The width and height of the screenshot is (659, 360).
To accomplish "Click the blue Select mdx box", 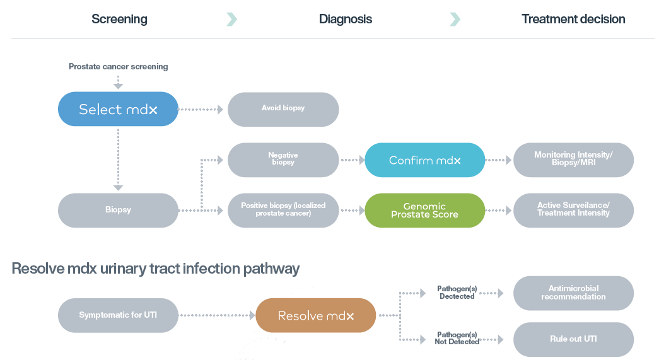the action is coord(118,109).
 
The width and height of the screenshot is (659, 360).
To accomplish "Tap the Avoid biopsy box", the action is coord(283,109).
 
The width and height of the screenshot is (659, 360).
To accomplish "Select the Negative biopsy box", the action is coord(283,160).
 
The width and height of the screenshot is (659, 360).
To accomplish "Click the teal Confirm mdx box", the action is coord(425,160).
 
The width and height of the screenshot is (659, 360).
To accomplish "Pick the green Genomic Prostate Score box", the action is coord(425,211).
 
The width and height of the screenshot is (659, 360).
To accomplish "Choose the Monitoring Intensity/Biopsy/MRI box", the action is coord(574,160).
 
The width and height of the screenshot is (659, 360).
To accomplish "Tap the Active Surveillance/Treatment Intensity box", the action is coord(574,211).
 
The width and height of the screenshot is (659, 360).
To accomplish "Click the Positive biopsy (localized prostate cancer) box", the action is coord(283,211).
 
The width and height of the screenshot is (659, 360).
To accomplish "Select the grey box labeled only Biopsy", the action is coord(118,211).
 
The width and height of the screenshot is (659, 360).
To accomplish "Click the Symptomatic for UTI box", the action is coord(118,315).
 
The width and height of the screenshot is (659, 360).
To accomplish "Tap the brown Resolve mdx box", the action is coord(316,315).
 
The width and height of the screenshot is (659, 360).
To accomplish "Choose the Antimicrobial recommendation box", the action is coord(574,293).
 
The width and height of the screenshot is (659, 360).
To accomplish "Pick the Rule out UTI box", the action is coord(574,339).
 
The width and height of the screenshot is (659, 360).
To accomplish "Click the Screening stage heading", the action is coord(119,20).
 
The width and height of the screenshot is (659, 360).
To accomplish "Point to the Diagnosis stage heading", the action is coord(346,20).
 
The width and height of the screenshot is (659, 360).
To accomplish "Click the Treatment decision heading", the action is coord(573,20).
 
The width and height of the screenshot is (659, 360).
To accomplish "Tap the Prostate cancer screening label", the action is coord(119,66).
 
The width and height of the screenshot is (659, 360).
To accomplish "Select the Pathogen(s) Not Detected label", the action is coord(457,338).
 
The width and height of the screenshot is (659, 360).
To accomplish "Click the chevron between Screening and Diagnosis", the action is coord(232,20).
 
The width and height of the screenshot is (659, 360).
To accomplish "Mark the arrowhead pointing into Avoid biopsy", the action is coord(220,110).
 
